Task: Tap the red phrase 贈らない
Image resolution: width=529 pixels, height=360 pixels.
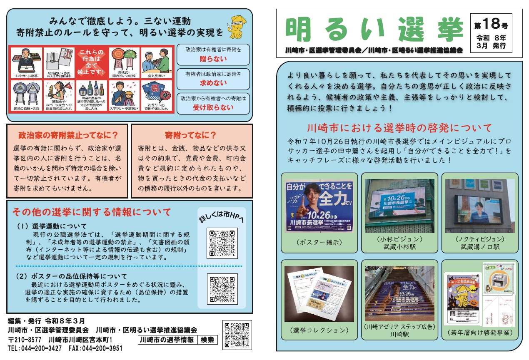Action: [x=213, y=59]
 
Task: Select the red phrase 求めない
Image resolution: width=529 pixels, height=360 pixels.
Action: [x=213, y=83]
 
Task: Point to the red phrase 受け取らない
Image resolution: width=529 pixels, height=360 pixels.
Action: [x=213, y=107]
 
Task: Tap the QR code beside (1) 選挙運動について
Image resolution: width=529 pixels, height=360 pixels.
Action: [x=222, y=243]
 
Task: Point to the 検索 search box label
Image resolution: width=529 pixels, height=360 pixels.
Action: [x=207, y=340]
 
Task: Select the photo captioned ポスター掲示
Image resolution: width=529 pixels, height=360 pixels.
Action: [x=319, y=206]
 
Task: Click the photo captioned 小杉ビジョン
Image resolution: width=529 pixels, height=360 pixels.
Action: [x=399, y=206]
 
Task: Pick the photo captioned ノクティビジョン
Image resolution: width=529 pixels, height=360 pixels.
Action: [x=480, y=206]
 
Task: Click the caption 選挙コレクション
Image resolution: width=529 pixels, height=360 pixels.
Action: [x=319, y=330]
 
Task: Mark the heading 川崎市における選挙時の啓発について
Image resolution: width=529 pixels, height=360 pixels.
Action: [x=399, y=127]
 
